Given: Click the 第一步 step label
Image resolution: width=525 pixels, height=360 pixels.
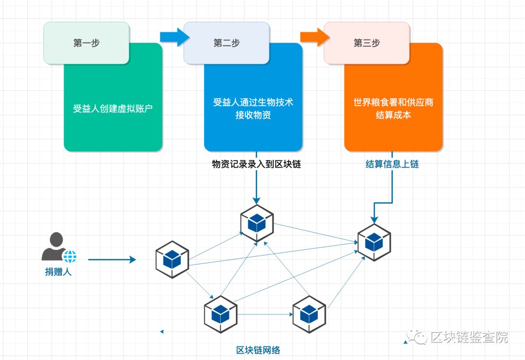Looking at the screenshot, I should (x=87, y=43).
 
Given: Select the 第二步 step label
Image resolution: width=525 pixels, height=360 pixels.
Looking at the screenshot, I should (x=227, y=43).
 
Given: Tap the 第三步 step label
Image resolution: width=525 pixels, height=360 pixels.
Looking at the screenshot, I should (x=367, y=43).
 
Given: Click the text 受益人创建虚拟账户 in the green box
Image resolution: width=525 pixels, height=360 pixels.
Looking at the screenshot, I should (x=113, y=108).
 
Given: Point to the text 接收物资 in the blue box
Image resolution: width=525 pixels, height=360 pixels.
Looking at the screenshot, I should (x=253, y=115).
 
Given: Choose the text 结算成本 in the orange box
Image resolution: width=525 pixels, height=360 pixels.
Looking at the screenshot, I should (x=393, y=115).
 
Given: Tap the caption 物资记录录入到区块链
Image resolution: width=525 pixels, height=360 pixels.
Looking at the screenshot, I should (x=256, y=164).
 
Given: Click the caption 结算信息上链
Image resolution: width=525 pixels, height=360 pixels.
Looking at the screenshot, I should (x=392, y=164).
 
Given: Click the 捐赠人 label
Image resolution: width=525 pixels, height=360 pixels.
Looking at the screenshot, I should (x=58, y=272).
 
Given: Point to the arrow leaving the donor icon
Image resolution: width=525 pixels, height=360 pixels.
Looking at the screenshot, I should (x=112, y=260).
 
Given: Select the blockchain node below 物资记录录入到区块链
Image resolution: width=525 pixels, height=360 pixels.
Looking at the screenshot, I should (x=256, y=223).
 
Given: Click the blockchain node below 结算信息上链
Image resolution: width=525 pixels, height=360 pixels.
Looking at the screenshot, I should (x=374, y=241).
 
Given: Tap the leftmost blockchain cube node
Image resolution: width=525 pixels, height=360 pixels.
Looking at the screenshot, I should (x=172, y=259).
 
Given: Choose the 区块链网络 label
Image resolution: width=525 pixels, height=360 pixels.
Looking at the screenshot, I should (x=258, y=350).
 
